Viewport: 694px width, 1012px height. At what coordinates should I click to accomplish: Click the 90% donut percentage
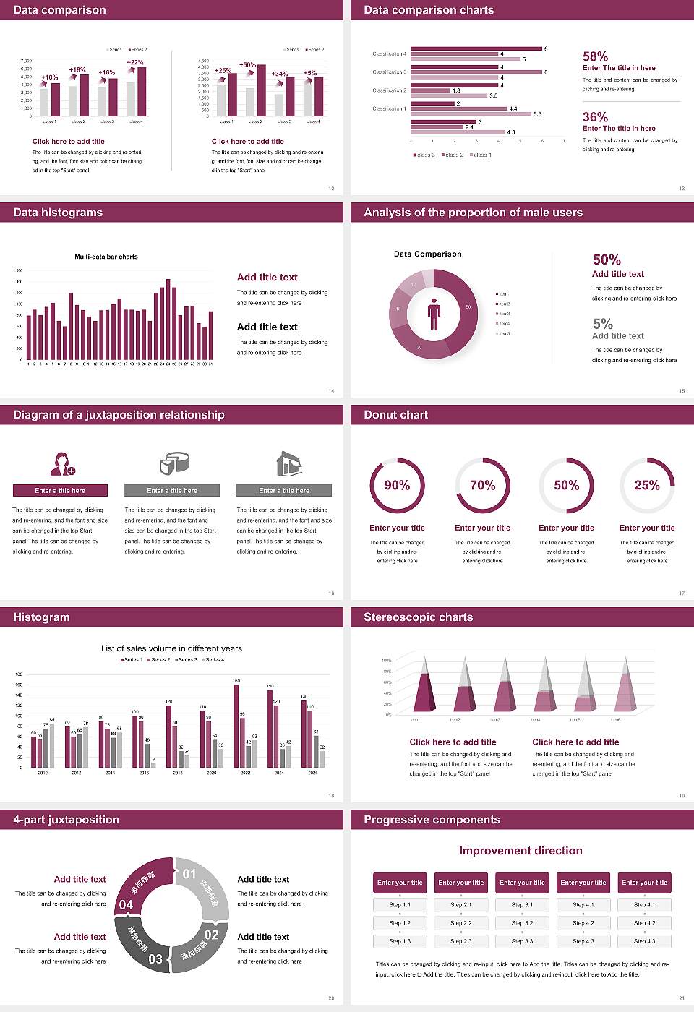[397, 485]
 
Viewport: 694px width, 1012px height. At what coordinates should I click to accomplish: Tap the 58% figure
[595, 56]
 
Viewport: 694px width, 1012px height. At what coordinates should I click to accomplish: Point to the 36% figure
[595, 117]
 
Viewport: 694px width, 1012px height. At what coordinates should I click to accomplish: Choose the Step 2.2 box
[461, 923]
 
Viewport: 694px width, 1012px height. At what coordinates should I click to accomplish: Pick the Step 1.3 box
[400, 941]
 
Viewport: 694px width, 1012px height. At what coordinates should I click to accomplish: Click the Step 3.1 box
[522, 905]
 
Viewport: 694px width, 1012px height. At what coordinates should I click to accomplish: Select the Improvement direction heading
[520, 851]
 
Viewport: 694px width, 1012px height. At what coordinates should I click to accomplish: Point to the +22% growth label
[135, 62]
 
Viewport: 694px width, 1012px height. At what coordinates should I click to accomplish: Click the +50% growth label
[247, 65]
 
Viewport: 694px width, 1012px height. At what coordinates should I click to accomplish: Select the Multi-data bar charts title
[106, 257]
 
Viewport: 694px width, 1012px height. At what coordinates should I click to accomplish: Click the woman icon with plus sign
[63, 463]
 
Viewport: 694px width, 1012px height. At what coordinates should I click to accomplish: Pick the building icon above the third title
[288, 463]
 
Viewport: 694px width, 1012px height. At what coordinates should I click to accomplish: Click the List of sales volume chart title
[171, 648]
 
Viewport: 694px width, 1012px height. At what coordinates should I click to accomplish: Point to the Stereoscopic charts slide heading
[418, 617]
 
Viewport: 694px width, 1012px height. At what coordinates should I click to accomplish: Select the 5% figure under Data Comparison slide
[602, 324]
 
